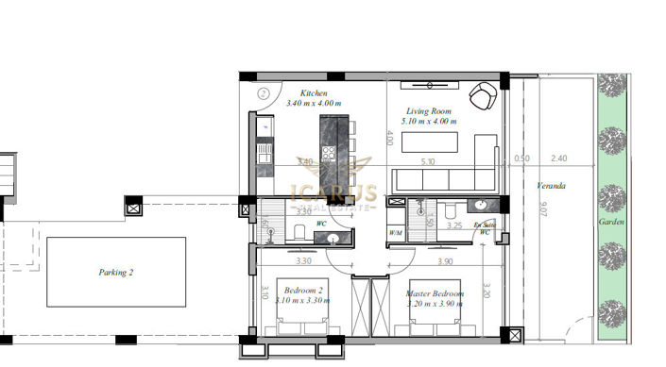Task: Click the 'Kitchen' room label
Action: [314, 93]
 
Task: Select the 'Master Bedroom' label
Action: [435, 293]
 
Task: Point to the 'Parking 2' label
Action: [116, 272]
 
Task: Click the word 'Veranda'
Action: [551, 185]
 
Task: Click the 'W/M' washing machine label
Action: [396, 232]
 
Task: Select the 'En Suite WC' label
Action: [485, 226]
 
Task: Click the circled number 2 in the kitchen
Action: [265, 93]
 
